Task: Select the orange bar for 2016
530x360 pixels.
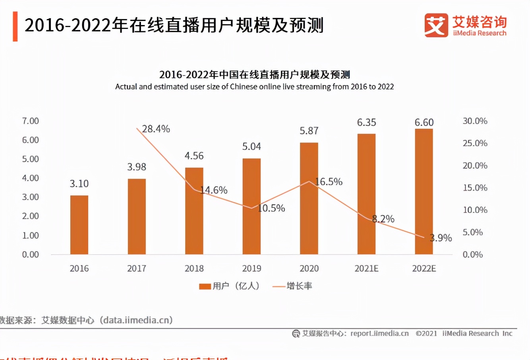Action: [x=79, y=225]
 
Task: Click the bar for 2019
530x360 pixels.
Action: [x=251, y=206]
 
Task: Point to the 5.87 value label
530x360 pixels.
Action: [x=309, y=131]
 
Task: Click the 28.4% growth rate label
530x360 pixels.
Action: [x=156, y=129]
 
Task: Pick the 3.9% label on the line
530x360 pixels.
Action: [x=441, y=238]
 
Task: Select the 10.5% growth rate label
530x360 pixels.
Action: [x=271, y=208]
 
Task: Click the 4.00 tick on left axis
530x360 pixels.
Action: [x=31, y=178]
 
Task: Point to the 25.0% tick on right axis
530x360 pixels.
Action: [x=475, y=143]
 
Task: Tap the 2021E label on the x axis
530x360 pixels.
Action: [x=366, y=269]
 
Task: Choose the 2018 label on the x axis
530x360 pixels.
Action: [x=194, y=269]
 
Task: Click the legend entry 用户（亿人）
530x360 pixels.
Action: [x=229, y=286]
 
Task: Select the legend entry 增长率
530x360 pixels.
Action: [x=292, y=286]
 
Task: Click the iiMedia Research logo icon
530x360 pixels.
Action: [x=436, y=25]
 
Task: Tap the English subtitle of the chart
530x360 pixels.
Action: [x=254, y=87]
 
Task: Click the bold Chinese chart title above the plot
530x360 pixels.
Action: [x=254, y=74]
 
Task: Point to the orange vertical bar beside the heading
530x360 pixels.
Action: [x=15, y=26]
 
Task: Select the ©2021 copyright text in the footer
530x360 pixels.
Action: [x=426, y=334]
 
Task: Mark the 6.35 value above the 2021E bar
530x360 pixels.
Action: [x=366, y=122]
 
